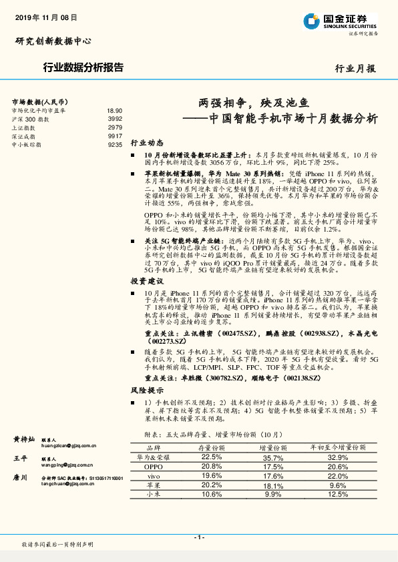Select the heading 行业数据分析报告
click(x=82, y=67)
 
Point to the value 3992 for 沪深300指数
click(x=115, y=118)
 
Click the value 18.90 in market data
click(x=114, y=110)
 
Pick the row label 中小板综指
click(x=26, y=144)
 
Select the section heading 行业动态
click(x=146, y=143)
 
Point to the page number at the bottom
click(x=198, y=537)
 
